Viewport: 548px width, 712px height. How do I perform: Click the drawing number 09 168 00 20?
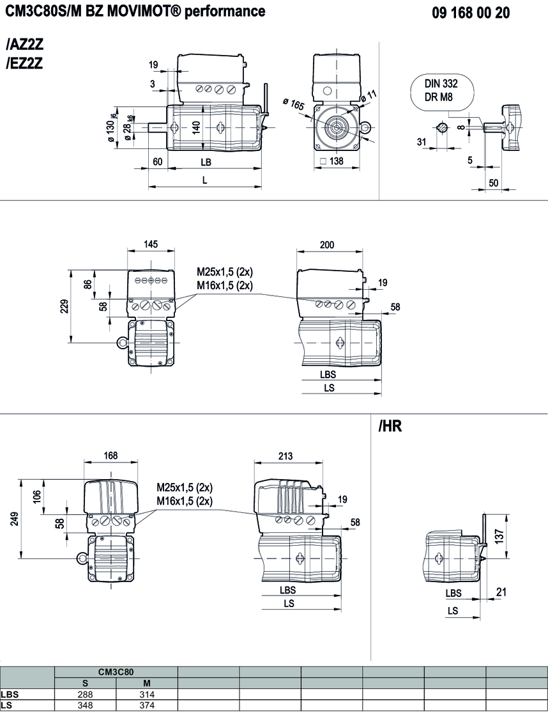[x=471, y=13]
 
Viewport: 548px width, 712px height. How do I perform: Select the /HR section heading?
[x=390, y=426]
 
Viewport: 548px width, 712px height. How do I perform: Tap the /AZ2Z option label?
[x=24, y=45]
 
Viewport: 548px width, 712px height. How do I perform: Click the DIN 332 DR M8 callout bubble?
[x=441, y=91]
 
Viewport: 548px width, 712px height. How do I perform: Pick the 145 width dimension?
[x=151, y=245]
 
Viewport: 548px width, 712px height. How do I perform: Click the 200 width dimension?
[x=327, y=245]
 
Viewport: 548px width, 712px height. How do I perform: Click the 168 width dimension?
[x=110, y=456]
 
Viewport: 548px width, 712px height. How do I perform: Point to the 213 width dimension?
[x=285, y=456]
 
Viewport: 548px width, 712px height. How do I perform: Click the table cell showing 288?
[x=86, y=694]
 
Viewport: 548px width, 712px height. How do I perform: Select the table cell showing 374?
[x=147, y=705]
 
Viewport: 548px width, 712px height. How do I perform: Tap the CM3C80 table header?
[x=116, y=672]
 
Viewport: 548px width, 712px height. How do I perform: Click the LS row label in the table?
[x=6, y=705]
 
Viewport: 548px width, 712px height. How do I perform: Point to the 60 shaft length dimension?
[x=158, y=162]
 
